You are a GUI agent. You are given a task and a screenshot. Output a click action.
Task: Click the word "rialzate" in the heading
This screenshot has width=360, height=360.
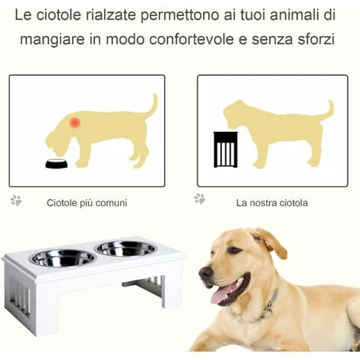tap(110, 15)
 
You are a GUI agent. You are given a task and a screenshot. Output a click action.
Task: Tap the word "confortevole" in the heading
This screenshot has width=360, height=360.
tap(191, 40)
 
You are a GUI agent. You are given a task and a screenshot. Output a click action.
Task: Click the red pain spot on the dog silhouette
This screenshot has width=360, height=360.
tap(75, 123)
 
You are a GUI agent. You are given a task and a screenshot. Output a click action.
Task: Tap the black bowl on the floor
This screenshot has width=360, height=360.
tap(57, 164)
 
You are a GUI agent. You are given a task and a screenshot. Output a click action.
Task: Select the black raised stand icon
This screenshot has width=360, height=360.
tap(225, 149)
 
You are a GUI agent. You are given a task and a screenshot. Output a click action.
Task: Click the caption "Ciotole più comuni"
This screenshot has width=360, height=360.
tap(87, 203)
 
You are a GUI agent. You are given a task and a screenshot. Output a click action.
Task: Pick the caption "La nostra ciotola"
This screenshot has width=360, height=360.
tap(272, 203)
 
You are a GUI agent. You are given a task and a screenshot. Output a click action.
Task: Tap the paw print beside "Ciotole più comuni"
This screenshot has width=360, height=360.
tap(16, 201)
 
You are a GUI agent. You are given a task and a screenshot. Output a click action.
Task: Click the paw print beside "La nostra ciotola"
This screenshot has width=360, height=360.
tap(200, 198)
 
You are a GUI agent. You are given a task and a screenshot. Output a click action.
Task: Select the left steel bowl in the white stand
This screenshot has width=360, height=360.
tap(63, 258)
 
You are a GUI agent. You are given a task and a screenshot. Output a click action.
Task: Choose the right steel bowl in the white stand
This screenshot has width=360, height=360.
tap(126, 248)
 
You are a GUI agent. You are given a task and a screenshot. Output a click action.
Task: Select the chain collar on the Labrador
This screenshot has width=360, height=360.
tap(268, 304)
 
